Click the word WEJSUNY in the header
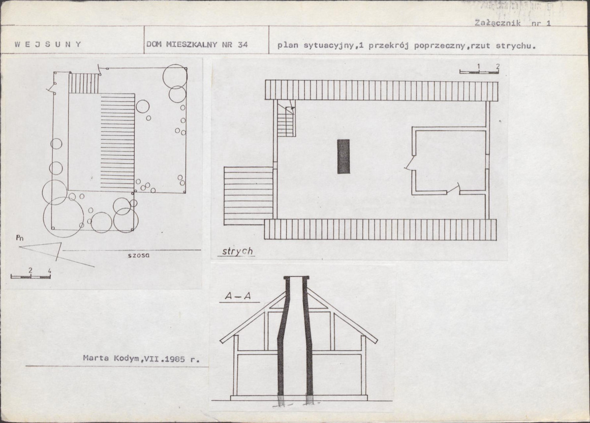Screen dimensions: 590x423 [x=48, y=44]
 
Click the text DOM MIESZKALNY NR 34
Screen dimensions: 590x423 [x=197, y=44]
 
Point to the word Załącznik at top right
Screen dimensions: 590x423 [x=497, y=23]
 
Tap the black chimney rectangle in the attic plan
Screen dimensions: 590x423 [x=343, y=156]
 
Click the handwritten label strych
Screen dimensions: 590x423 [x=237, y=251]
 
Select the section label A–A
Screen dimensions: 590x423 [x=238, y=296]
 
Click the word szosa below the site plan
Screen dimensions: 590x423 [x=138, y=255]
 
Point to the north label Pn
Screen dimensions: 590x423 [x=20, y=238]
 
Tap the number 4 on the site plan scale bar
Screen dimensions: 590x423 [x=49, y=271]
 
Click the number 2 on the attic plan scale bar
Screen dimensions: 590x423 [x=497, y=66]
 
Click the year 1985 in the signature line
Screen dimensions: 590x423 [x=175, y=359]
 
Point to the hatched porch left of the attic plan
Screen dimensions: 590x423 [x=248, y=196]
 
